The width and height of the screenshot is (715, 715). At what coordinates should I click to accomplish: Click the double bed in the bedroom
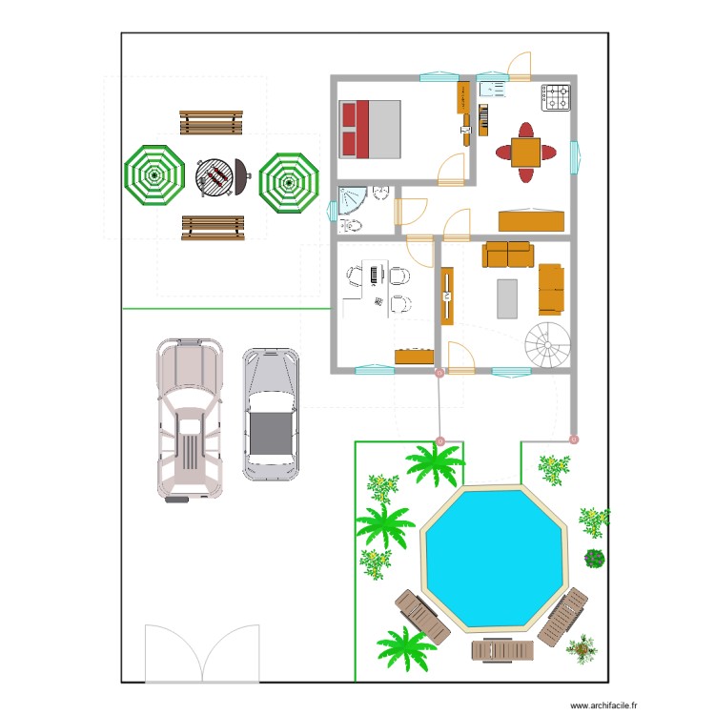pyautogui.click(x=370, y=129)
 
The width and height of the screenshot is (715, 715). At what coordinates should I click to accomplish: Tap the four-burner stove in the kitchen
pyautogui.click(x=557, y=97)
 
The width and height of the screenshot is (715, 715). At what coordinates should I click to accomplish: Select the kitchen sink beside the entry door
pyautogui.click(x=493, y=89)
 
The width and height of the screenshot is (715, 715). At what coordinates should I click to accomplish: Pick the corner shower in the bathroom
pyautogui.click(x=351, y=201)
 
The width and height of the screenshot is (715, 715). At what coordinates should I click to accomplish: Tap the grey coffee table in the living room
pyautogui.click(x=508, y=297)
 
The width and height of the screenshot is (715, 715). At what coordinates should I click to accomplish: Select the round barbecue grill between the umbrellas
pyautogui.click(x=218, y=177)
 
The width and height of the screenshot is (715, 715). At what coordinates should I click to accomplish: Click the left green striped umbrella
pyautogui.click(x=153, y=174)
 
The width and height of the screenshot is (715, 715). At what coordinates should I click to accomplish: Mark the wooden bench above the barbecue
pyautogui.click(x=211, y=122)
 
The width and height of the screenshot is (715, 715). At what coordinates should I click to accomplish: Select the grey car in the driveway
pyautogui.click(x=270, y=412)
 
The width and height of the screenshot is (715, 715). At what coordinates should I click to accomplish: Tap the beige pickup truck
pyautogui.click(x=191, y=418)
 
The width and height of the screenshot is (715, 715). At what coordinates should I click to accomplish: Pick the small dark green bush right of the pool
pyautogui.click(x=595, y=559)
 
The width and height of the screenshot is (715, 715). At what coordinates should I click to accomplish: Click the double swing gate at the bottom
pyautogui.click(x=202, y=653)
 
